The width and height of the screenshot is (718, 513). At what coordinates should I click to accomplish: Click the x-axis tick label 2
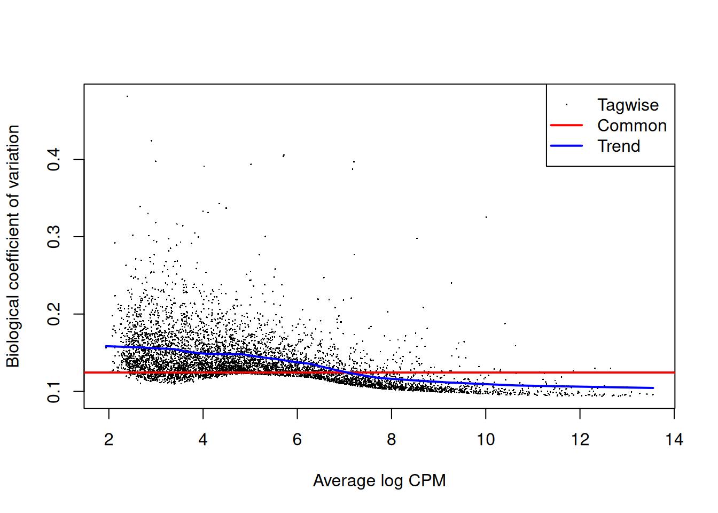(x=108, y=440)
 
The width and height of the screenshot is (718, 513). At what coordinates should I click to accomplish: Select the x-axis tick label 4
(x=203, y=440)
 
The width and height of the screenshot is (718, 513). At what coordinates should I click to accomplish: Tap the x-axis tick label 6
(x=297, y=440)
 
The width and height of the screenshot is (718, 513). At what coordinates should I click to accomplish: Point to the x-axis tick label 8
(x=392, y=440)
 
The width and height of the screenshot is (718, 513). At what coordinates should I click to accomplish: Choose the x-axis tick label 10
(x=486, y=440)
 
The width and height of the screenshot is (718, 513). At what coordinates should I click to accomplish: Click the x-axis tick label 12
(x=580, y=440)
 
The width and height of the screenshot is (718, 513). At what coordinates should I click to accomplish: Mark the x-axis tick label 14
(x=674, y=440)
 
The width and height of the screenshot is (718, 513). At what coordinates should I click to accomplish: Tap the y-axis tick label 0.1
(x=54, y=392)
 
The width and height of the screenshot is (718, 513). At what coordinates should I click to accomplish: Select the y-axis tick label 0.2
(x=54, y=314)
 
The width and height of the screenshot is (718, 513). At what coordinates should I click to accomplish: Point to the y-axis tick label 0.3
(x=54, y=237)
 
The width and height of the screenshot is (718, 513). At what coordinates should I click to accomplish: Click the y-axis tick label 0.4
(x=54, y=159)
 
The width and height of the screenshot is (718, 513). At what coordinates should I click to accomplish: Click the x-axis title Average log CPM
(x=379, y=480)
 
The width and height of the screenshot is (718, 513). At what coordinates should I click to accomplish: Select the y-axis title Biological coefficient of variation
(x=13, y=246)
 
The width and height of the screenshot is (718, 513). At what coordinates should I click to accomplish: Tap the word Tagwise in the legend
(x=628, y=105)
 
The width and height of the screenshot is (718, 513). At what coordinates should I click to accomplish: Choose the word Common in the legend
(x=631, y=126)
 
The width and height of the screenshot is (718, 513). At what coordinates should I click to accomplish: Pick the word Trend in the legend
(x=619, y=146)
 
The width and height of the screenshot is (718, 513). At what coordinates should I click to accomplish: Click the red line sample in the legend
(x=566, y=126)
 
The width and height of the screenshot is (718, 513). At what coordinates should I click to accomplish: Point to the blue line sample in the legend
(x=566, y=146)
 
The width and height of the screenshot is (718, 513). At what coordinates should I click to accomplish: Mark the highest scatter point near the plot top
(x=127, y=96)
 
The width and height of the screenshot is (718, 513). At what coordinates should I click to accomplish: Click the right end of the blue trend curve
(x=653, y=388)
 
